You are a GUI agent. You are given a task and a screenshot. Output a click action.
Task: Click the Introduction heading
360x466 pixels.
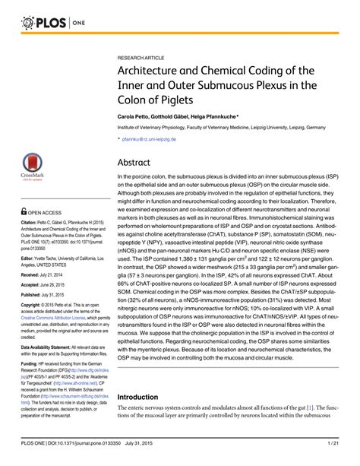pos(144,398)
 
